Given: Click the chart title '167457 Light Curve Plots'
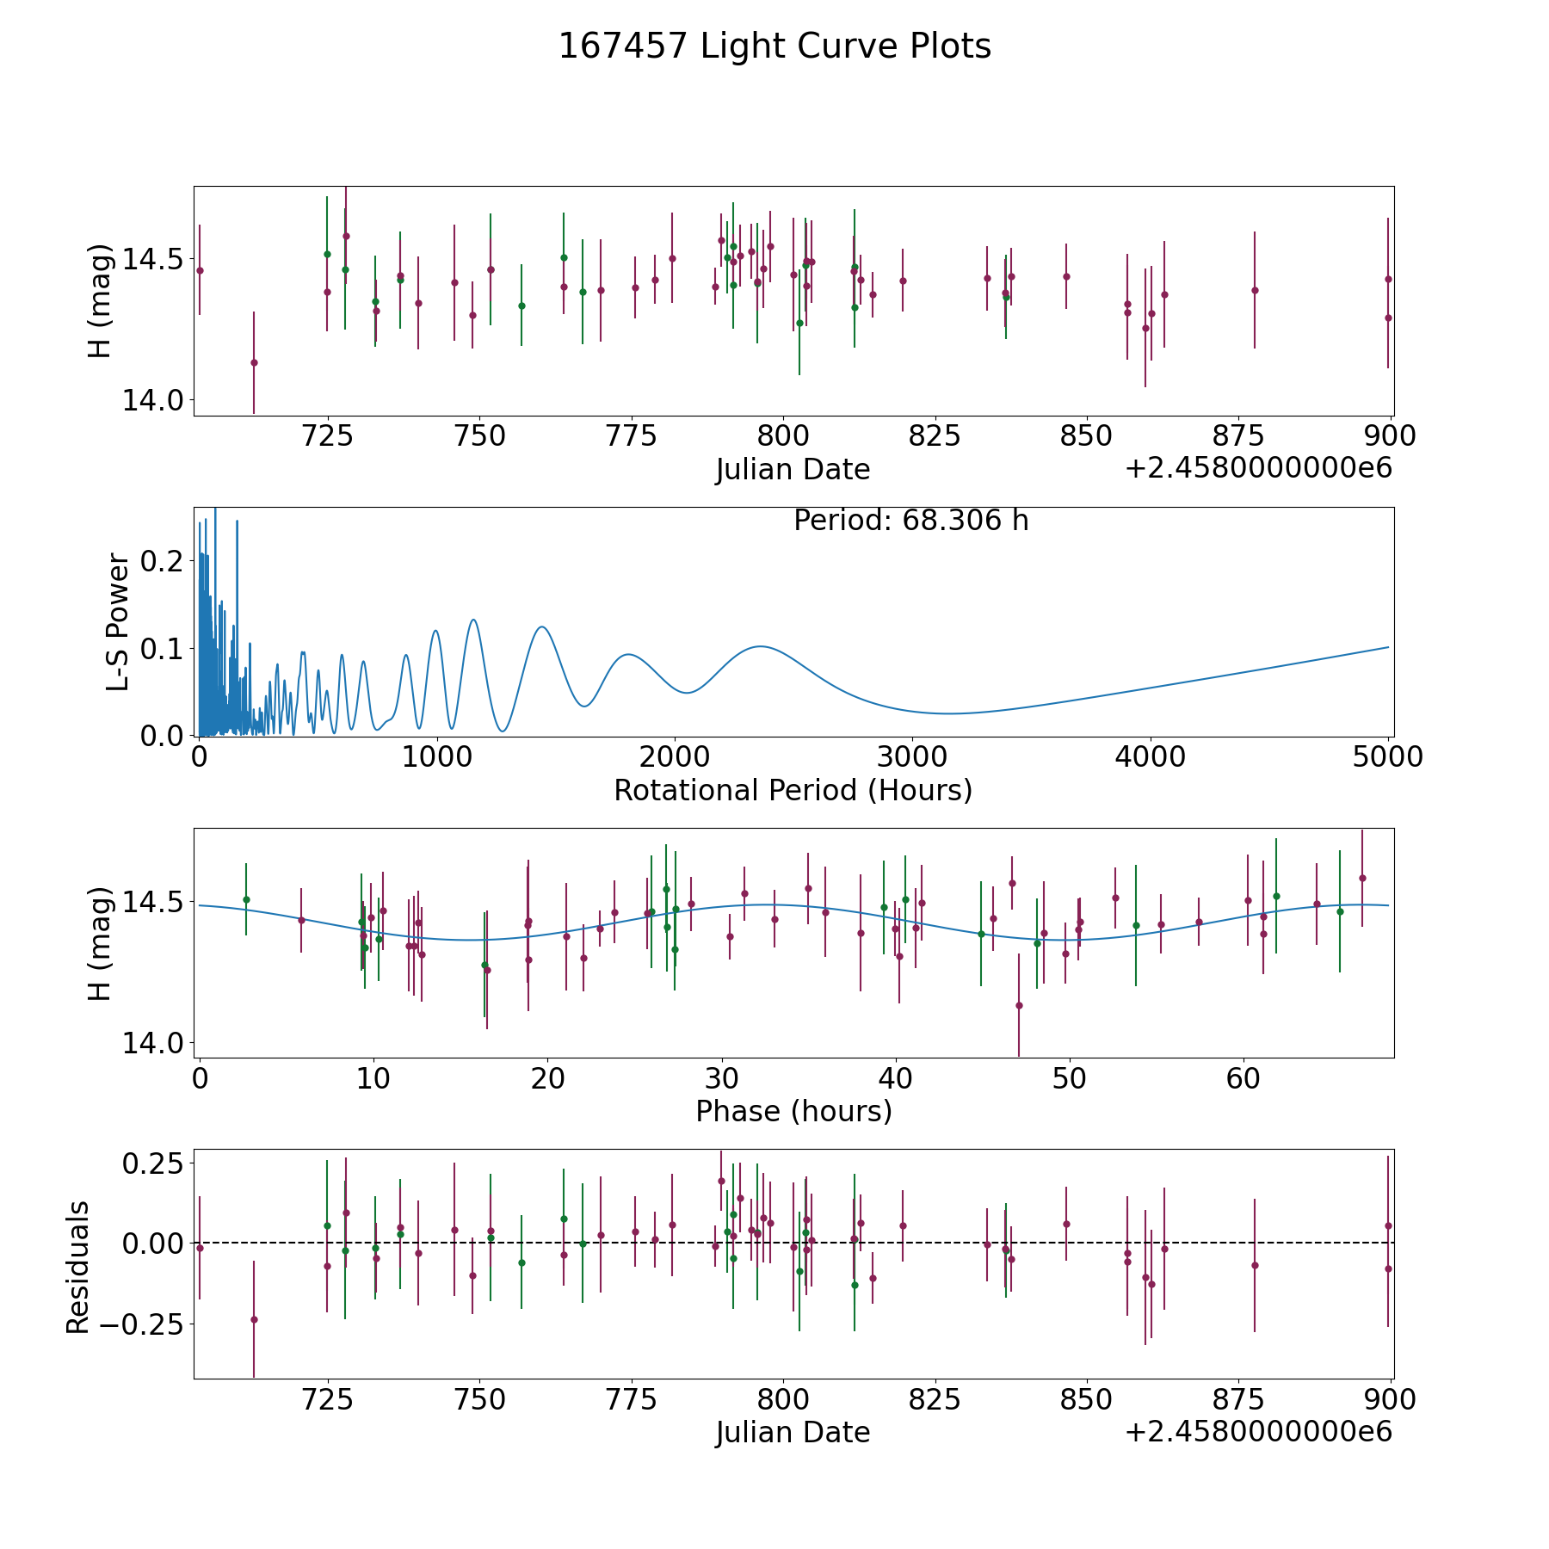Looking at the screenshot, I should point(774,46).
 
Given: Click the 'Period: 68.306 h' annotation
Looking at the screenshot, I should point(910,521).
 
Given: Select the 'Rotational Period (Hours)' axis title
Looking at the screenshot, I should point(793,790).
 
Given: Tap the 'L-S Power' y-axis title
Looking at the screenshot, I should point(118,621).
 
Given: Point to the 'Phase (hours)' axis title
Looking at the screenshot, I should point(793,1111).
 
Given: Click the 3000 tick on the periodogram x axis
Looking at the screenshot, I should point(912,757).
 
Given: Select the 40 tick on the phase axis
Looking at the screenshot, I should point(896,1078).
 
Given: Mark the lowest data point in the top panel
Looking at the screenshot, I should point(254,362).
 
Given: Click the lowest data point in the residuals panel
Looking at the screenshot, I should point(254,1319).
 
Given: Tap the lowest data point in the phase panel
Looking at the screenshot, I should point(1019,1005).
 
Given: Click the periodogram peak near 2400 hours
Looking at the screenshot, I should point(760,646).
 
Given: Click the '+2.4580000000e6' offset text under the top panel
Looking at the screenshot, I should point(1258,469).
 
